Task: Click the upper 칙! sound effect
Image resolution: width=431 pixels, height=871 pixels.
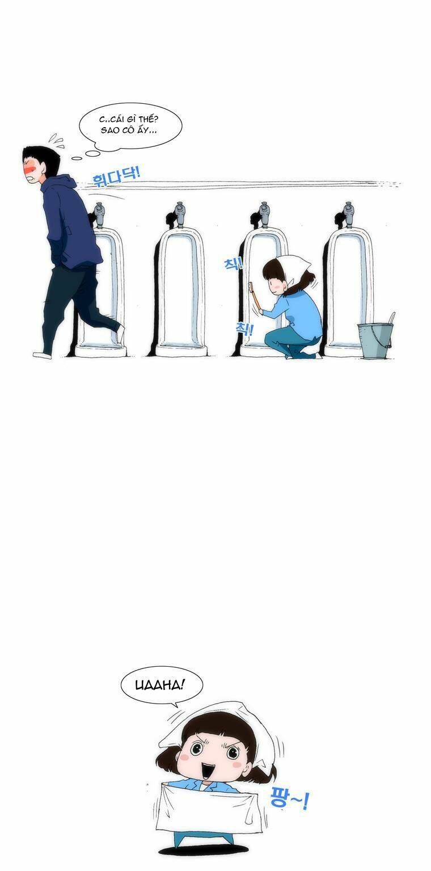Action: click(x=233, y=264)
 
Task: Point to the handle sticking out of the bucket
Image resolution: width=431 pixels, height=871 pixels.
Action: click(x=391, y=319)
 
